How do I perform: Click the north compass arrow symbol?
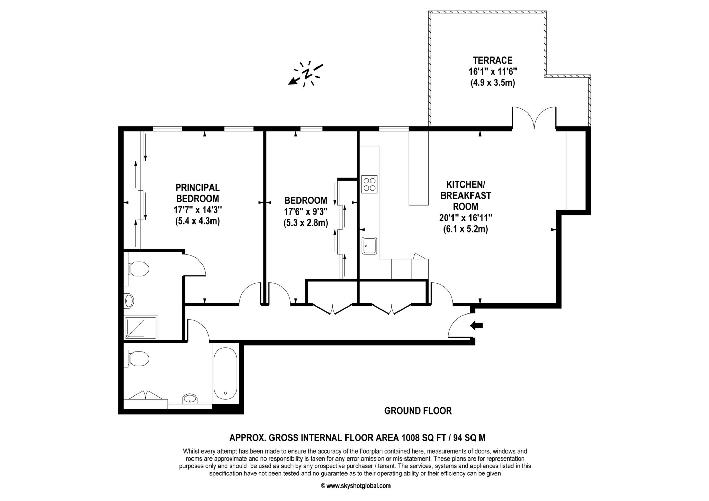[x=306, y=74]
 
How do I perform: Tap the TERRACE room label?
[x=493, y=61]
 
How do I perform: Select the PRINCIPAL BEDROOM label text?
[x=198, y=193]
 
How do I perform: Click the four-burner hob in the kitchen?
[x=369, y=184]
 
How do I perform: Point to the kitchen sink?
[x=369, y=246]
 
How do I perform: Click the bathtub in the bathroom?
[x=225, y=374]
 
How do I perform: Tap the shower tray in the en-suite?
[x=141, y=327]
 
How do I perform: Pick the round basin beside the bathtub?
[x=189, y=399]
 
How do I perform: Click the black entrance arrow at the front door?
[x=477, y=325]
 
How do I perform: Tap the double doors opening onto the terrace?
[x=534, y=118]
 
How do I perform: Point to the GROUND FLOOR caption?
[x=418, y=411]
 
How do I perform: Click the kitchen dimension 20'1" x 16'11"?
[x=466, y=218]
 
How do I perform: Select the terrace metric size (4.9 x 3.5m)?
[x=493, y=83]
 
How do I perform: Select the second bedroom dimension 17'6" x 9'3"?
[x=306, y=212]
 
